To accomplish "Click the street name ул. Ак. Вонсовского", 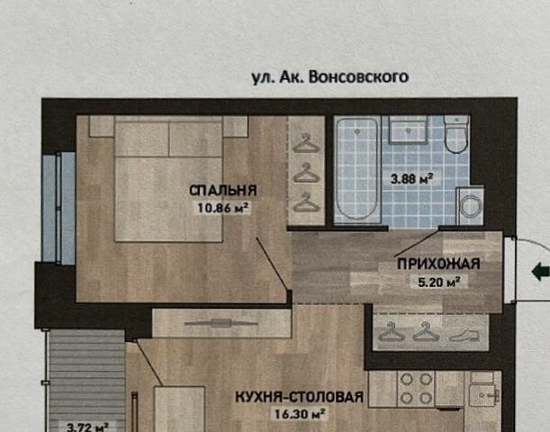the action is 330,77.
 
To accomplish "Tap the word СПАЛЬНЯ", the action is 223,191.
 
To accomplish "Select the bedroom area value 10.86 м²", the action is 223,208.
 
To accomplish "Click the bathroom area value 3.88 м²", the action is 411,179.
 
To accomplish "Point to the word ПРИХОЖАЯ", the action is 438,264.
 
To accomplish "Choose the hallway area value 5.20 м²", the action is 439,282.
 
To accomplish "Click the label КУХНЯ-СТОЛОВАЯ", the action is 299,397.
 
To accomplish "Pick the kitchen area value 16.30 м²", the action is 300,414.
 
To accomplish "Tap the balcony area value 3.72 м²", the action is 87,427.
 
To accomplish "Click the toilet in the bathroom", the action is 456,134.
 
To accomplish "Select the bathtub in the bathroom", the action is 357,170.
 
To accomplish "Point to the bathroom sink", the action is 408,130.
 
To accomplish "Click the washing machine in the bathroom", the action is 470,206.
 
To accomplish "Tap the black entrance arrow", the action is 540,272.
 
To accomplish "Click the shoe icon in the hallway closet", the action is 464,335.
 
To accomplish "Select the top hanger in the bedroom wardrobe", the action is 306,143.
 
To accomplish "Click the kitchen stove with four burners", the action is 416,389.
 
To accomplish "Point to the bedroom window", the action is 59,208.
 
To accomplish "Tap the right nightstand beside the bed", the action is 236,126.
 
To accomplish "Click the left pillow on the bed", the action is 142,139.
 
